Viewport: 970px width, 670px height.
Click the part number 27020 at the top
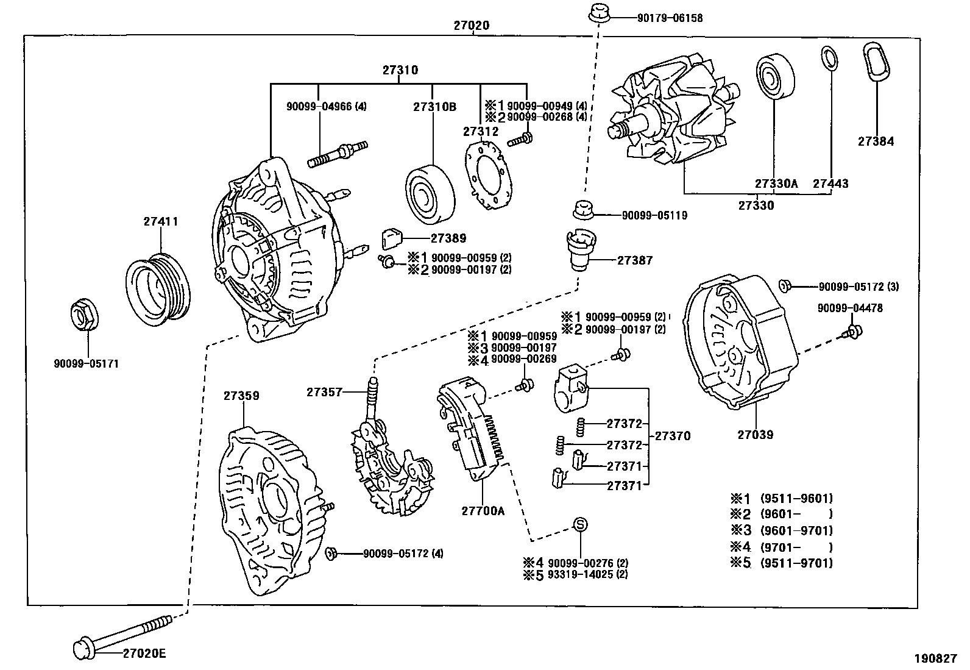pos(471,26)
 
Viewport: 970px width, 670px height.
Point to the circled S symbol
pos(581,524)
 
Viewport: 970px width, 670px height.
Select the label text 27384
pos(876,141)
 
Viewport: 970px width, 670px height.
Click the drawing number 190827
pos(935,658)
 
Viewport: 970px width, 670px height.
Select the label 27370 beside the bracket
pos(673,437)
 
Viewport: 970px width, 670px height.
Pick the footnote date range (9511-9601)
pos(796,498)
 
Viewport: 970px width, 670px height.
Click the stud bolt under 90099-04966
pos(339,154)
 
